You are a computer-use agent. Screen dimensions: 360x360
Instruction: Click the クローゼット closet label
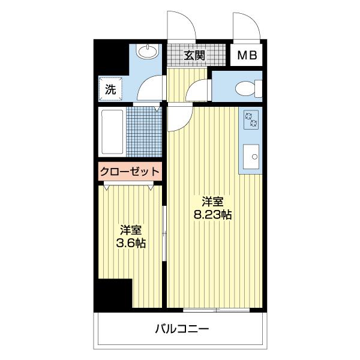130,171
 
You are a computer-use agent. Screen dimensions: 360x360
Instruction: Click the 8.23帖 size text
212,215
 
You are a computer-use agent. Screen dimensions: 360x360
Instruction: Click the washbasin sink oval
146,53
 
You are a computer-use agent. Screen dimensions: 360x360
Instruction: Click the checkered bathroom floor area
144,132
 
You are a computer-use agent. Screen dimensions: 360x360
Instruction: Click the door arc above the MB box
246,27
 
